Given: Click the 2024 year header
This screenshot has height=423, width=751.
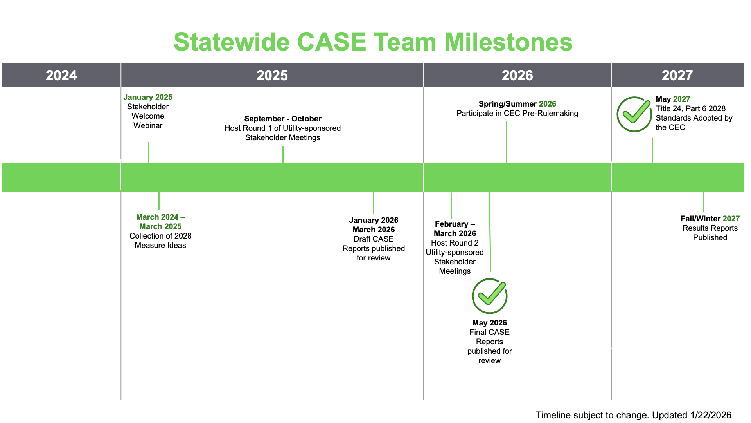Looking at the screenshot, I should tap(61, 75).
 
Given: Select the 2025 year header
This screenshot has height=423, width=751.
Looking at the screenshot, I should tap(272, 75).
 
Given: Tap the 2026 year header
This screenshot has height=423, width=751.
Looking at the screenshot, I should tap(517, 75).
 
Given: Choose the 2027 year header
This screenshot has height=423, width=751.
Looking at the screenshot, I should tap(677, 75).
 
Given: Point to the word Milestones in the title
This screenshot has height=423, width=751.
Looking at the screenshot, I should tap(508, 42).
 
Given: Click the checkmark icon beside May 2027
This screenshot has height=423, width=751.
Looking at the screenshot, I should tap(634, 114).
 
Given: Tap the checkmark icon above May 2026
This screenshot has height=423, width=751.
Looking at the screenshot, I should tap(489, 296).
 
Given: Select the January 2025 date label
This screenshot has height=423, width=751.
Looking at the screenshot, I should tap(148, 97).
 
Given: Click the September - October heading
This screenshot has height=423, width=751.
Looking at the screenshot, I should tap(282, 119).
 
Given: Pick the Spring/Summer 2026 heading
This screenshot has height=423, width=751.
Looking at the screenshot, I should tap(517, 104).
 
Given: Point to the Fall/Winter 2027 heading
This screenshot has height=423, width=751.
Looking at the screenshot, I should tap(710, 219).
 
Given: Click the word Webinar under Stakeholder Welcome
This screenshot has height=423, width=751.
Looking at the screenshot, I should tap(148, 125).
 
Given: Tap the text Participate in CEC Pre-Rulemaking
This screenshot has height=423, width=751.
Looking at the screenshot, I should tap(517, 113).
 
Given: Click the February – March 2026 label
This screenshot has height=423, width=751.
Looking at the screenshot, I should tap(455, 229).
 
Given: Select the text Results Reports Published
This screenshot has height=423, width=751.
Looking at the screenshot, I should tap(710, 233).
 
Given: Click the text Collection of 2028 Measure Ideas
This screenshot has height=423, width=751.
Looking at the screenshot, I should tap(160, 240).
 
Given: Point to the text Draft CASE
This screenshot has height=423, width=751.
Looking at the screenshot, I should tap(373, 239).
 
